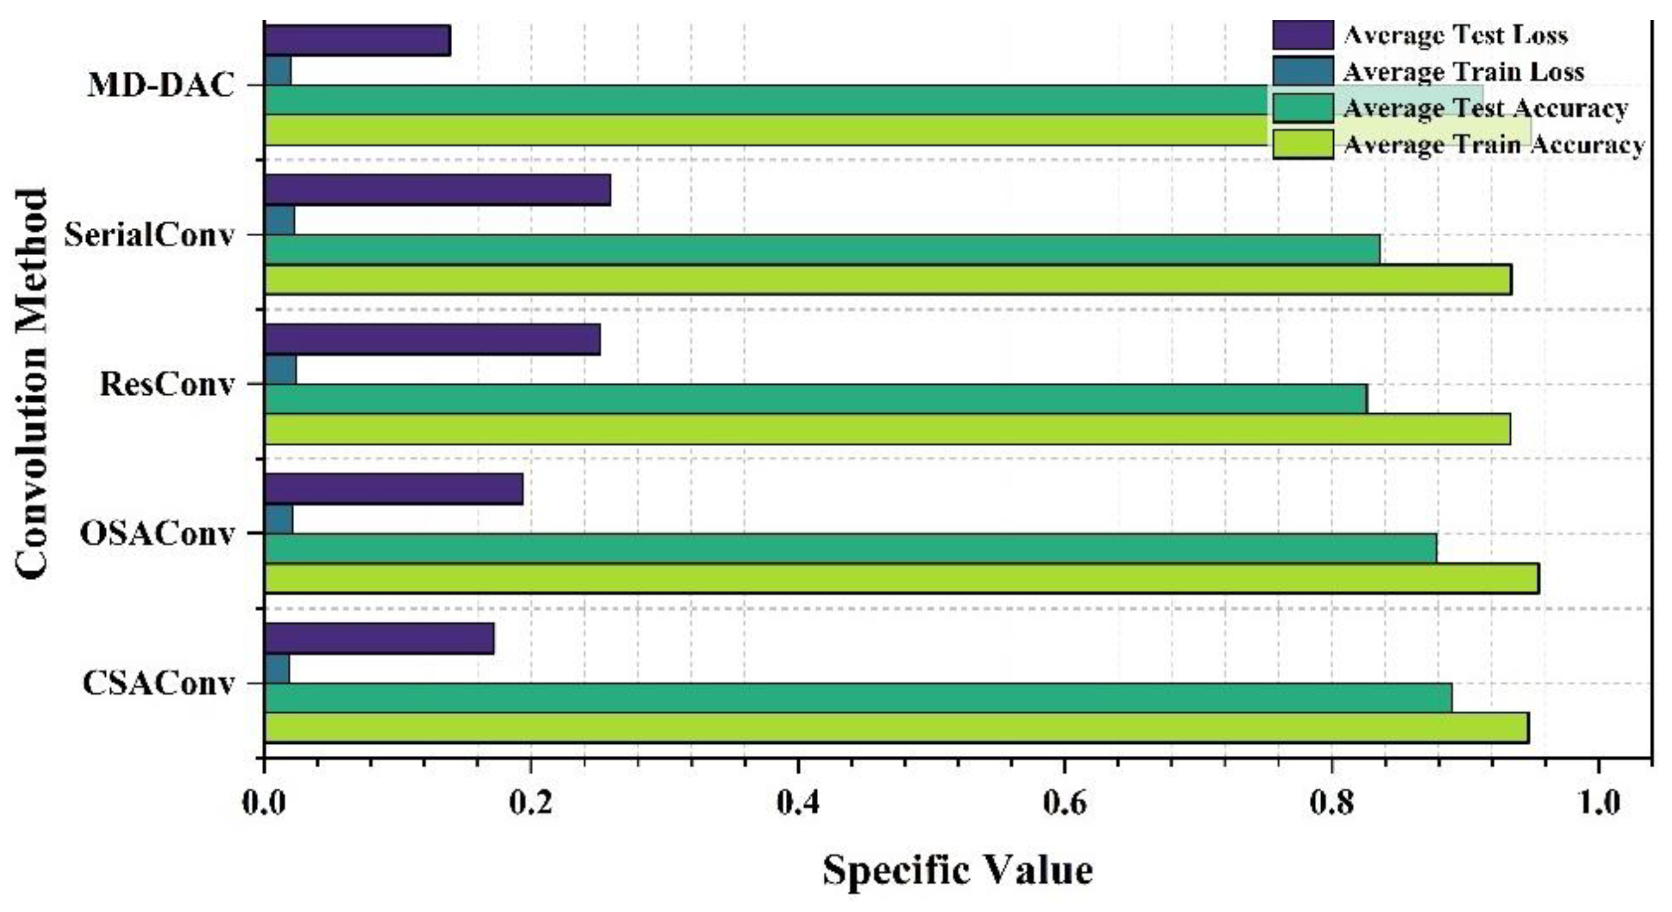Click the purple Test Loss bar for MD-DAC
[x=357, y=40]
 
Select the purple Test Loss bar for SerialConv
[x=438, y=190]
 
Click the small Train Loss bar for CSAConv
[x=277, y=669]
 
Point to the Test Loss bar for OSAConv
[x=394, y=489]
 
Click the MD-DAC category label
[x=161, y=85]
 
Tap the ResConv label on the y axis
[x=167, y=384]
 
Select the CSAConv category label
[x=157, y=683]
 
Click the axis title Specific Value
[x=958, y=870]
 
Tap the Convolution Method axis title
[x=30, y=383]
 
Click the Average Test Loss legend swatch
[x=1303, y=35]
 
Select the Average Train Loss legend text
[x=1464, y=71]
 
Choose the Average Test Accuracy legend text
[x=1485, y=108]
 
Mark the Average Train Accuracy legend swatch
[x=1303, y=144]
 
